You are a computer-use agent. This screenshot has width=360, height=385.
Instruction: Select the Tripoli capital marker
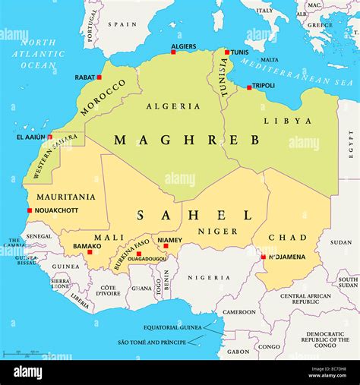[248, 87]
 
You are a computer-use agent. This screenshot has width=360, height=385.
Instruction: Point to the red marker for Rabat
[99, 77]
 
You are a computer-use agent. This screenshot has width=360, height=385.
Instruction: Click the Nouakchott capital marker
[30, 210]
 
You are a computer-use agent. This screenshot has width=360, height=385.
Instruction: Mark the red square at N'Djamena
[264, 257]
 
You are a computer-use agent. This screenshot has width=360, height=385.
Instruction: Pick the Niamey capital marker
[166, 246]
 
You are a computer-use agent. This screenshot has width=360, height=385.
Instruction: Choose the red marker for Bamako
[90, 252]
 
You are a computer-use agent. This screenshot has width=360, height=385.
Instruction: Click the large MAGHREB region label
[187, 140]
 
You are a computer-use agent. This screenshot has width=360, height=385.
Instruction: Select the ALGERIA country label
[173, 106]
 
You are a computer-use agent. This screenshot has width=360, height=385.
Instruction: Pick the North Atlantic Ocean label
[38, 54]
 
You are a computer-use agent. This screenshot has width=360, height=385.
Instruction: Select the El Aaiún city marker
[50, 137]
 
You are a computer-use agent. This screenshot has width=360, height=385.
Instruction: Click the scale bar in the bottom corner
[21, 353]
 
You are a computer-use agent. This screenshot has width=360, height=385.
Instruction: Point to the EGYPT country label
[351, 142]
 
